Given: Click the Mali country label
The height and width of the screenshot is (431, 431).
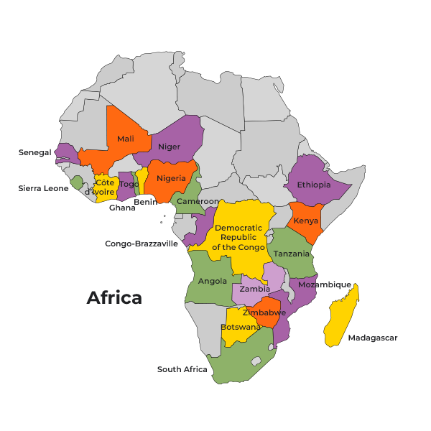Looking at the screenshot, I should [125, 139].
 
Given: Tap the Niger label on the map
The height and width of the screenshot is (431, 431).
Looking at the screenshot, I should [170, 147].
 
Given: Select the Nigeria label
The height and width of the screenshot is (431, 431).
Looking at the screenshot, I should [172, 177].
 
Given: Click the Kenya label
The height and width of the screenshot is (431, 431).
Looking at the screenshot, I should [306, 221].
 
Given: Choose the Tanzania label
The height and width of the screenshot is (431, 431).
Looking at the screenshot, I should [292, 254].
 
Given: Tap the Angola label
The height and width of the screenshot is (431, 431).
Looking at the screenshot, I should [213, 281].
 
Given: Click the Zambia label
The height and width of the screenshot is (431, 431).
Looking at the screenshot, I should [254, 289].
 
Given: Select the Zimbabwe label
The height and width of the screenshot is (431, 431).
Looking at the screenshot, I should [264, 312].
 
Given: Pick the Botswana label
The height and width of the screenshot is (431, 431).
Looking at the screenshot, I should [240, 327].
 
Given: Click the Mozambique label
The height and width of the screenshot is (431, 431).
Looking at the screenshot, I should [324, 284].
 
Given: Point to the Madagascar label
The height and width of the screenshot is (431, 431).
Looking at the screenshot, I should [372, 338].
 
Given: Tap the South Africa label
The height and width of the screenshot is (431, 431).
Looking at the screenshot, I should [182, 369].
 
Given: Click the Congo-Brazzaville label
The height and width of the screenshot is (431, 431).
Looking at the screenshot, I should [142, 244].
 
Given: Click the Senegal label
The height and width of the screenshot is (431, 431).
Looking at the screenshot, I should [34, 152].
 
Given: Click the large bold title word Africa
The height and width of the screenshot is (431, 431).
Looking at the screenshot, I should [114, 297].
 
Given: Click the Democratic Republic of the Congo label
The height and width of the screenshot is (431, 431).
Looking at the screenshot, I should [238, 237].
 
